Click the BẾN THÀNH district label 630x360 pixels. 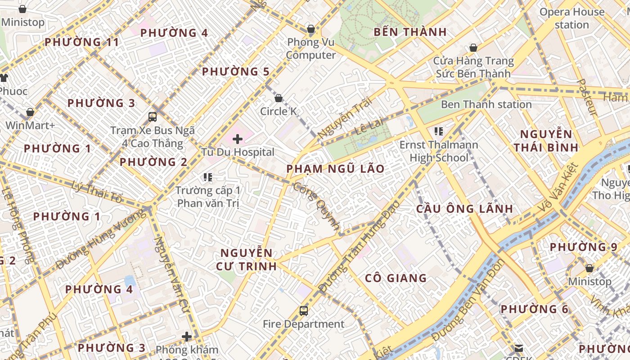point(410,32)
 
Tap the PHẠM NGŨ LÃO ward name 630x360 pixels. point(336,169)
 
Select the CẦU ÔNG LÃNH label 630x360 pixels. point(464,209)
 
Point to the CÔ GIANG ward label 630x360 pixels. point(396,278)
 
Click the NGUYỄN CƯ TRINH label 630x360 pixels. point(246,259)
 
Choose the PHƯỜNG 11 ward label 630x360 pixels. point(82,42)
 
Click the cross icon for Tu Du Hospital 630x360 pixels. point(238,139)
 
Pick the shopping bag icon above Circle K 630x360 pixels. point(279,98)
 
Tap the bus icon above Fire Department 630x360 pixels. point(304,311)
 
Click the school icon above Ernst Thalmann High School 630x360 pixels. point(439,132)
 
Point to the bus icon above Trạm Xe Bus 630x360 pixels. point(153,117)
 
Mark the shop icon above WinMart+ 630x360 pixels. point(30,112)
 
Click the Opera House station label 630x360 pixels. point(571,18)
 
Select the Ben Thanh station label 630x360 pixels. point(486,104)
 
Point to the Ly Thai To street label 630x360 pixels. point(97,191)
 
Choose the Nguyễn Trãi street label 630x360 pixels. point(346,118)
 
